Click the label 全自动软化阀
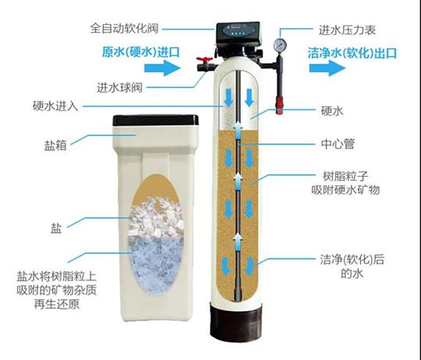(124, 28)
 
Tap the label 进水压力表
(347, 30)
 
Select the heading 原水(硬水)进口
(140, 51)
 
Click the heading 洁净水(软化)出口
(352, 53)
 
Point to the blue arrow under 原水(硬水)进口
(162, 68)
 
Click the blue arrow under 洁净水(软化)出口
(327, 68)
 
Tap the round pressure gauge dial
(280, 45)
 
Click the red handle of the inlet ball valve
(204, 59)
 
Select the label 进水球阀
(119, 88)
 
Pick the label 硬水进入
(55, 106)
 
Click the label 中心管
(338, 144)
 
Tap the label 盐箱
(55, 146)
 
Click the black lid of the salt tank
(155, 121)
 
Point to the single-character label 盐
(56, 228)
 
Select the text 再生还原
(57, 304)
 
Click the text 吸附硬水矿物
(345, 190)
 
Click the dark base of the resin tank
(236, 320)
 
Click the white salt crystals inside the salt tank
(156, 217)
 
